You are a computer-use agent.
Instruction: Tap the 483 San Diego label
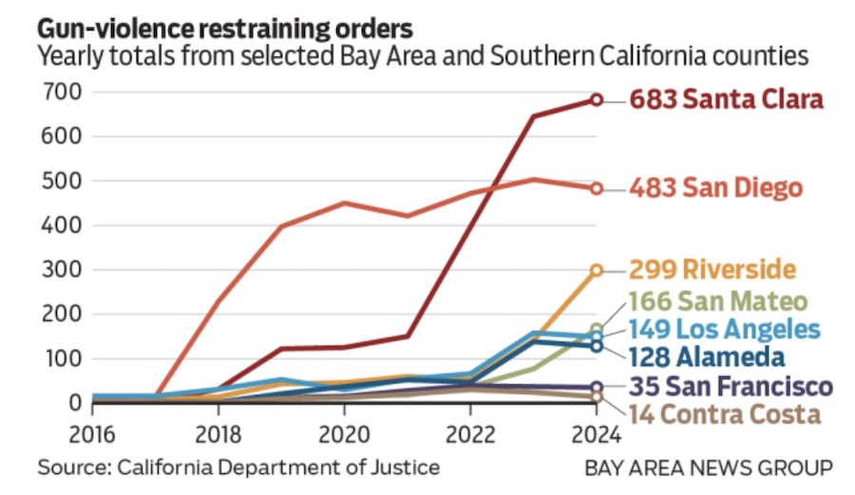[x=715, y=188]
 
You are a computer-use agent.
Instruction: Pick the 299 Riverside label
[x=712, y=270]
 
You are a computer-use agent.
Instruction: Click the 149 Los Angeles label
[x=723, y=330]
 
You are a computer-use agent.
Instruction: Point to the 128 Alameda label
[x=706, y=356]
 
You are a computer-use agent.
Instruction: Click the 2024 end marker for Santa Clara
[x=597, y=99]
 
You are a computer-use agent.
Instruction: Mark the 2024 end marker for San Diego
[x=597, y=188]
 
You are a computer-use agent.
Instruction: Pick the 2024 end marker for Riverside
[x=597, y=270]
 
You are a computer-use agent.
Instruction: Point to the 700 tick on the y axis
[x=59, y=92]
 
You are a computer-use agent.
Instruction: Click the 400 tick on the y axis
[x=59, y=225]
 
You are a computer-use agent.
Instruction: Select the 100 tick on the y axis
[x=59, y=359]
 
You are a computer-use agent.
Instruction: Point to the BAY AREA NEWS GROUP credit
[x=709, y=467]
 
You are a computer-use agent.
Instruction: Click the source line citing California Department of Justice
[x=238, y=467]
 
